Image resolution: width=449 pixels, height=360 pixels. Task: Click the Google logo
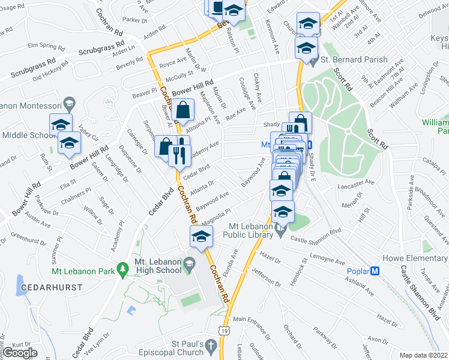tap(20, 352)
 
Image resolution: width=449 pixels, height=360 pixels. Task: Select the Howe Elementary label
tap(416, 259)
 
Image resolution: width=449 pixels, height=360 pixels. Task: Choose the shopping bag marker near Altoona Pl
tap(182, 110)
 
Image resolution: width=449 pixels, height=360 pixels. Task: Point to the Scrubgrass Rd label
tap(100, 48)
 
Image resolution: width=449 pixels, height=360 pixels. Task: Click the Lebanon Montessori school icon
tap(69, 104)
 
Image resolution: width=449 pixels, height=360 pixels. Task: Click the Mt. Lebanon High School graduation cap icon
tap(188, 263)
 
